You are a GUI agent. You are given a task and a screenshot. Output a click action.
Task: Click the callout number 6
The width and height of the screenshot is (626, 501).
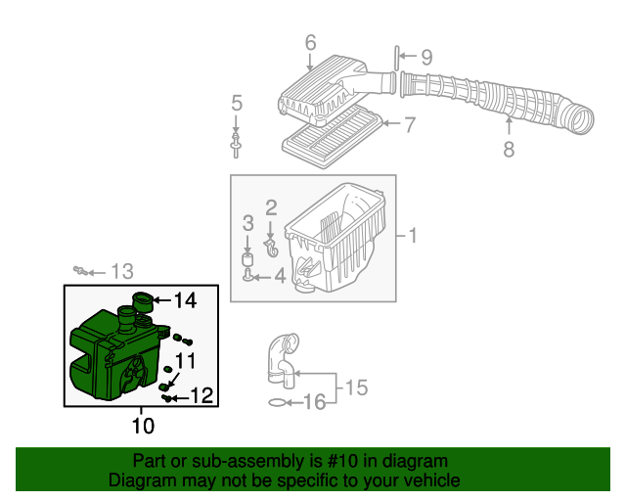click(x=310, y=42)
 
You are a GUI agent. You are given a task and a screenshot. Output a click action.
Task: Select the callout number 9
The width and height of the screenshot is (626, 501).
click(x=425, y=58)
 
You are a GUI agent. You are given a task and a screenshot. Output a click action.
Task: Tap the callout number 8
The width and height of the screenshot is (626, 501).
click(x=509, y=150)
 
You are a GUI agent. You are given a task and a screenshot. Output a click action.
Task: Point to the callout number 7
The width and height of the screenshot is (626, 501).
click(x=410, y=124)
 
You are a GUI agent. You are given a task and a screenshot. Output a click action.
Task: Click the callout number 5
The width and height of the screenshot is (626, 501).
click(x=236, y=103)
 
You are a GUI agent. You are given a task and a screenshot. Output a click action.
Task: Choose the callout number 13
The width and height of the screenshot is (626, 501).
click(x=121, y=271)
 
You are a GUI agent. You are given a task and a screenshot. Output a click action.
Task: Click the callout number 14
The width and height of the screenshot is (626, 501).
click(x=185, y=300)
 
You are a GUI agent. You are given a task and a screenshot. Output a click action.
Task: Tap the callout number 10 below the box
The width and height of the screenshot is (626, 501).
click(x=143, y=425)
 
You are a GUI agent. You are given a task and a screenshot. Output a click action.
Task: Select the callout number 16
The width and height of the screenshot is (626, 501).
click(x=312, y=401)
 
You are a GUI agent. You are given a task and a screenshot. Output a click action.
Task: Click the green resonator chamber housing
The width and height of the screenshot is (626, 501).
click(x=112, y=352)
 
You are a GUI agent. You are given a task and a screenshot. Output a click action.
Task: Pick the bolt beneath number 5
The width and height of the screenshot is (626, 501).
click(x=236, y=144)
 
